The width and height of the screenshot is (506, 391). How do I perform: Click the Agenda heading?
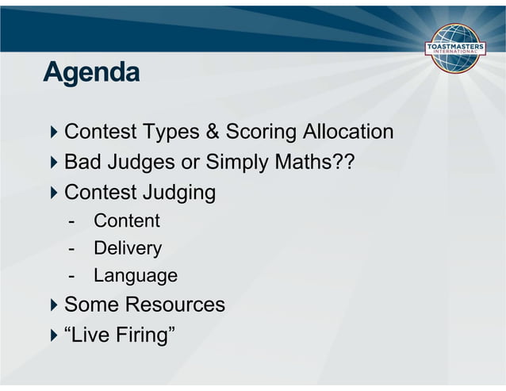(91, 73)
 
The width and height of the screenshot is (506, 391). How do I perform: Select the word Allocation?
(351, 132)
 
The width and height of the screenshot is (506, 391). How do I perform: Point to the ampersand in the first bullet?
(212, 132)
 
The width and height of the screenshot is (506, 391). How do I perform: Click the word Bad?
(82, 163)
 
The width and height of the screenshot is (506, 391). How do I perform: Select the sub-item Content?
(127, 220)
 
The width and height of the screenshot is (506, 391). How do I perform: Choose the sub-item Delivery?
(128, 248)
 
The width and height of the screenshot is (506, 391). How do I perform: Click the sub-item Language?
(136, 276)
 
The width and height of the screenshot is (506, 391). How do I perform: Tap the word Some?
(90, 305)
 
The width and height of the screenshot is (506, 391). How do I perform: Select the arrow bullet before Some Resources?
(53, 305)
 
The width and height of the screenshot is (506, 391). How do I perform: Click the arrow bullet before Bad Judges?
(53, 163)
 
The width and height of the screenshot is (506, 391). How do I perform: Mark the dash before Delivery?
(72, 248)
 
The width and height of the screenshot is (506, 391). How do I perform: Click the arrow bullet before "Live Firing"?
(53, 335)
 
